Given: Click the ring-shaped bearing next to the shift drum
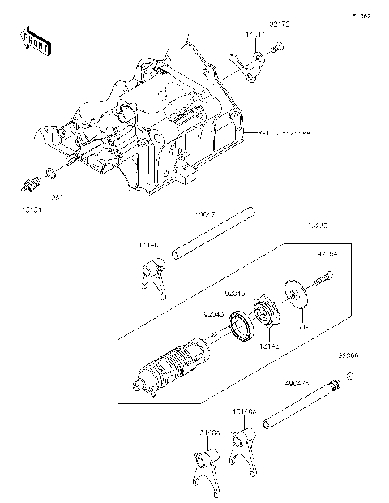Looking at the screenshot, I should pyautogui.click(x=242, y=331).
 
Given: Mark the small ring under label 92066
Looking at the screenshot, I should pyautogui.click(x=350, y=376).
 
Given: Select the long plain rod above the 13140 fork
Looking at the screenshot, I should pyautogui.click(x=212, y=236).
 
